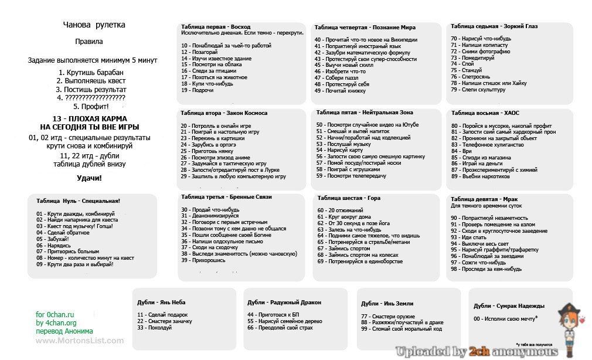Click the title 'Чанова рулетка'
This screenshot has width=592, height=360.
click(x=94, y=25)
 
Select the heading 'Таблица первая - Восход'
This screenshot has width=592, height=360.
click(x=216, y=27)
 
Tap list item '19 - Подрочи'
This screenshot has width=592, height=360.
click(x=198, y=90)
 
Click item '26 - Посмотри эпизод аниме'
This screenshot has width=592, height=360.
click(x=216, y=158)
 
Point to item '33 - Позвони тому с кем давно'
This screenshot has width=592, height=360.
click(x=233, y=229)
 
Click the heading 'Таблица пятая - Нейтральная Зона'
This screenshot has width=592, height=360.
click(x=365, y=112)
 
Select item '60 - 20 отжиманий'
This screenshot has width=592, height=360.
click(x=341, y=210)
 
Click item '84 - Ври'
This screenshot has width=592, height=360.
click(x=459, y=151)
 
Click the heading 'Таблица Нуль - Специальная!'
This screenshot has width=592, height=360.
click(x=78, y=201)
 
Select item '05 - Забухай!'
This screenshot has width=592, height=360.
click(x=53, y=239)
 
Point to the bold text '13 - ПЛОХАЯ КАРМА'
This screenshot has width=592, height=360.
click(x=89, y=118)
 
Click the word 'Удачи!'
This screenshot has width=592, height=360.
click(x=89, y=178)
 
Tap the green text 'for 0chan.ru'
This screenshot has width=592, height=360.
click(x=56, y=315)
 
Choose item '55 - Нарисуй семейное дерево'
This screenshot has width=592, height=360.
click(x=284, y=321)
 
